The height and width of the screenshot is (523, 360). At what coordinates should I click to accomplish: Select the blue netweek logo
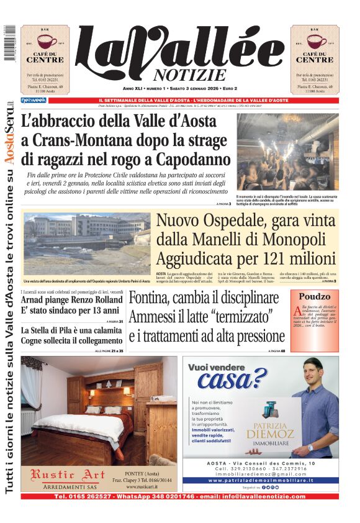(x=34, y=100)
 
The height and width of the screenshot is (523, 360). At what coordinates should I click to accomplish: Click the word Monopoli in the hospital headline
(x=292, y=239)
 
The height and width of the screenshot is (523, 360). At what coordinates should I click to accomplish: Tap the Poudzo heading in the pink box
(x=314, y=297)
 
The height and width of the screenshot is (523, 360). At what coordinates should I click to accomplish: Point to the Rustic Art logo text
(x=61, y=476)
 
